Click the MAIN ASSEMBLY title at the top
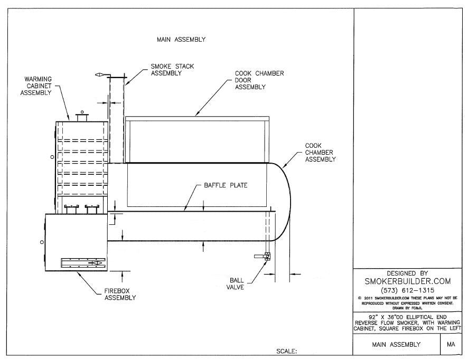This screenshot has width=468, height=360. (181, 39)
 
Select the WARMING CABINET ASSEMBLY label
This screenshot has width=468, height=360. (38, 86)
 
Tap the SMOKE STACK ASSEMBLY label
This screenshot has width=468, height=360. (172, 70)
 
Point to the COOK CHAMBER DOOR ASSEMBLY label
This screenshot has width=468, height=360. (259, 80)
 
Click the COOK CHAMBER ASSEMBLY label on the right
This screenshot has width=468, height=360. (320, 152)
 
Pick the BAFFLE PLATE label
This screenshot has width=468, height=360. (226, 186)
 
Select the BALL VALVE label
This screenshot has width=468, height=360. (236, 285)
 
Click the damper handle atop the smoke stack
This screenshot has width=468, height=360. (100, 76)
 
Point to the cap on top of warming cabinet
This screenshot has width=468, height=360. (81, 116)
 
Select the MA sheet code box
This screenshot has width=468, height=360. (451, 345)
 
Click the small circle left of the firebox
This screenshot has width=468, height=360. (42, 242)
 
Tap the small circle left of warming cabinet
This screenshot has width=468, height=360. (52, 158)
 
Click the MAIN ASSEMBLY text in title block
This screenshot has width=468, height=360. (396, 345)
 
